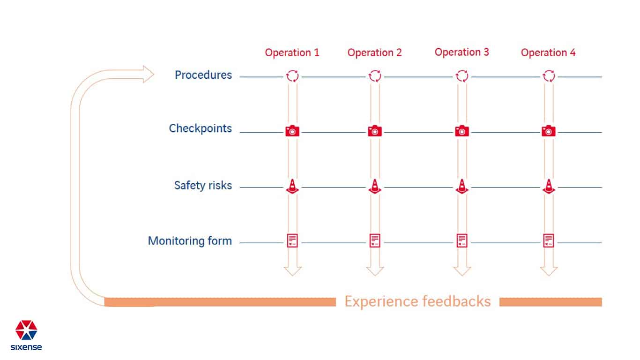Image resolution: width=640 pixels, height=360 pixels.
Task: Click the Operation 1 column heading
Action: point(292,52)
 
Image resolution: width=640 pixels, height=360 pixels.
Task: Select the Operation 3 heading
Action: point(461,52)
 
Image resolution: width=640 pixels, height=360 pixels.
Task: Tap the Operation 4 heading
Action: point(548,52)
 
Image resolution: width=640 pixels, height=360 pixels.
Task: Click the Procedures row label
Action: point(203,75)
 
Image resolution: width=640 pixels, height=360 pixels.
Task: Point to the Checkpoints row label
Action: point(200,128)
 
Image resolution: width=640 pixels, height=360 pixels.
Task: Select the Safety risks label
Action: point(203,185)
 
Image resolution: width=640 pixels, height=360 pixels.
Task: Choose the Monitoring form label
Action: point(190,241)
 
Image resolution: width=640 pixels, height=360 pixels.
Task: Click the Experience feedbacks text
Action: point(417,301)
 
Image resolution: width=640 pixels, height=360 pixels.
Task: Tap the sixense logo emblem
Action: point(26,330)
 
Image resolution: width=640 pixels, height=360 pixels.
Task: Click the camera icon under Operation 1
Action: point(292,131)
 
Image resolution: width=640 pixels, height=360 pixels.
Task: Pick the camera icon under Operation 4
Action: point(549,131)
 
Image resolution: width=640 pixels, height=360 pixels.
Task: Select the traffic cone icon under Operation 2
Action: point(375,187)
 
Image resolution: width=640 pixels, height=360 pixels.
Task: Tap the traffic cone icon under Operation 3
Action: point(462,187)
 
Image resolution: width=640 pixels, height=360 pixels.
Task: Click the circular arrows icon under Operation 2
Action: point(375,76)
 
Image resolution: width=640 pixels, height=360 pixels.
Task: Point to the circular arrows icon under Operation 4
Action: point(549,76)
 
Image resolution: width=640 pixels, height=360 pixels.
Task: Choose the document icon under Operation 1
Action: point(292,240)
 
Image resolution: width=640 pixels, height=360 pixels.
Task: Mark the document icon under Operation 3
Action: point(462,240)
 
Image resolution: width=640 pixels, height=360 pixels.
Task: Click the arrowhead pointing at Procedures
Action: point(148,74)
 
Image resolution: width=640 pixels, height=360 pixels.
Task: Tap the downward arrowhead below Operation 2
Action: point(375,271)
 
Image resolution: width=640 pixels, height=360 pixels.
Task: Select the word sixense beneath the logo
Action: point(26,347)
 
